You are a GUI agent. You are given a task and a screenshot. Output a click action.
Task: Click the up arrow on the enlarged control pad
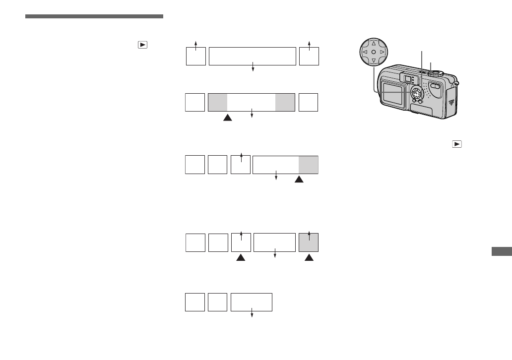click(x=373, y=43)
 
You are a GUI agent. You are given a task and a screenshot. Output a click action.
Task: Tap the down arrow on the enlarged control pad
click(x=373, y=60)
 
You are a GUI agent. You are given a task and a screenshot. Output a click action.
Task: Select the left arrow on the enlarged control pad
click(x=364, y=52)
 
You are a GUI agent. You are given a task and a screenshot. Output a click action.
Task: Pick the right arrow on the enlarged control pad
click(x=382, y=52)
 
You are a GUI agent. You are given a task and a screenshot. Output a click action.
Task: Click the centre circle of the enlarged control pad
click(x=373, y=52)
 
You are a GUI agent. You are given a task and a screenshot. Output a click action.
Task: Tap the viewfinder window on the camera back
click(x=407, y=78)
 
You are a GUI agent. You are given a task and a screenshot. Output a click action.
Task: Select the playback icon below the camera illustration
click(x=456, y=144)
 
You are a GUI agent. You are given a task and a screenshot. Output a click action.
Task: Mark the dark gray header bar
click(x=94, y=16)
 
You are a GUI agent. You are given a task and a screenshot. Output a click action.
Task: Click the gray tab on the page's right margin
click(x=502, y=252)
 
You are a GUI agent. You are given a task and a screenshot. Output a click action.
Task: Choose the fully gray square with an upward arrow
click(x=309, y=242)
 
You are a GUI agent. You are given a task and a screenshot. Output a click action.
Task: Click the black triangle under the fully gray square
click(x=309, y=258)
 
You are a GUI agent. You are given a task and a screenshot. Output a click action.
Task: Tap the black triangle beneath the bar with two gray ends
click(x=227, y=118)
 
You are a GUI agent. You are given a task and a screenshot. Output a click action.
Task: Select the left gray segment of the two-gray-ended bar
click(x=218, y=102)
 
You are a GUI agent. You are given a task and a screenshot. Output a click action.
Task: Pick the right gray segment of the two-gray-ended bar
click(x=285, y=102)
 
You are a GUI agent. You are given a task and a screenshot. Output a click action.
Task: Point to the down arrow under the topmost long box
click(x=253, y=69)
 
